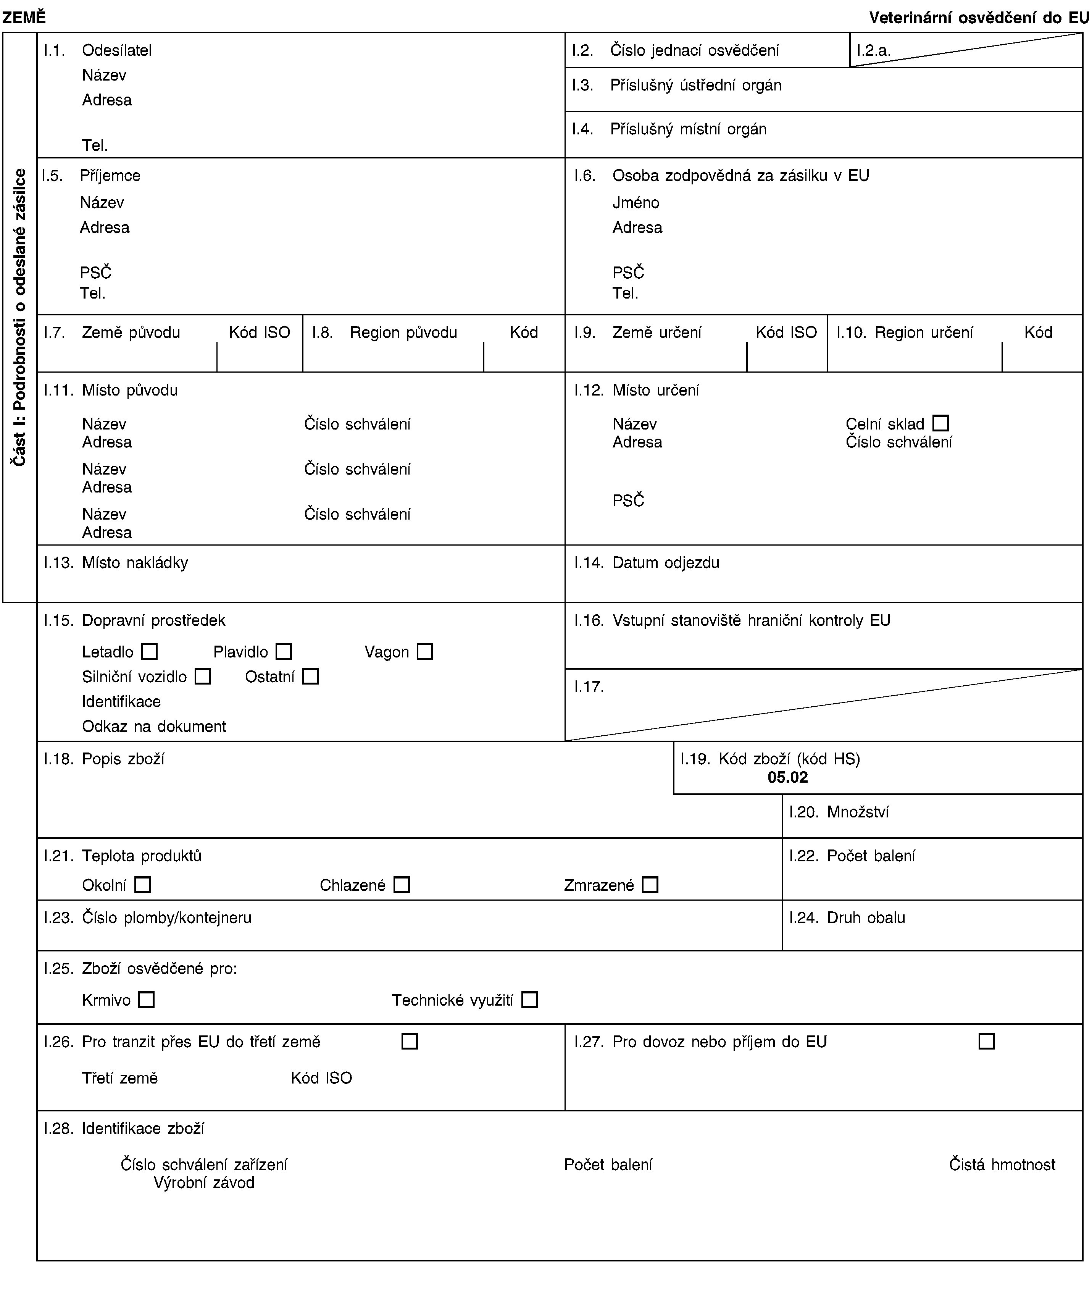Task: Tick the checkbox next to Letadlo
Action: tap(149, 652)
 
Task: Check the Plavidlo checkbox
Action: tap(284, 652)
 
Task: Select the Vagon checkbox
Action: tap(425, 652)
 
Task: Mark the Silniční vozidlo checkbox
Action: tap(202, 677)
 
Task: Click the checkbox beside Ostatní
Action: tap(310, 677)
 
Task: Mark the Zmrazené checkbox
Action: tap(650, 885)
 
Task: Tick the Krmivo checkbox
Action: tap(146, 1000)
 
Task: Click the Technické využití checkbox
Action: tap(529, 1000)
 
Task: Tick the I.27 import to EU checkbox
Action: tap(987, 1042)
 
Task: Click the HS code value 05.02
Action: tap(787, 778)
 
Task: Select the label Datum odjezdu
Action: tap(666, 563)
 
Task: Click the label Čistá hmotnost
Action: tap(1002, 1164)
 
